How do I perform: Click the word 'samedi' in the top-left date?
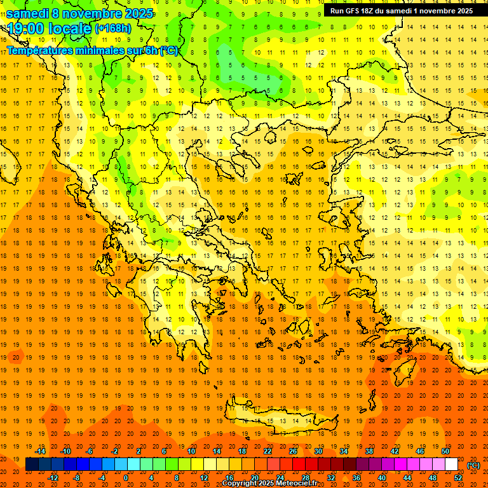tap(30, 13)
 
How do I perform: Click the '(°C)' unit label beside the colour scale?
tap(473, 465)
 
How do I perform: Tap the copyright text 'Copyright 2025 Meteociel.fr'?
tap(270, 484)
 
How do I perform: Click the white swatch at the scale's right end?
tap(451, 464)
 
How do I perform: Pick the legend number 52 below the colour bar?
tap(457, 478)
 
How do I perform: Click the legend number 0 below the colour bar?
tap(126, 478)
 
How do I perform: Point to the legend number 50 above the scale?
tap(445, 451)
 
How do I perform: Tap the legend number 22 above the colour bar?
tap(268, 451)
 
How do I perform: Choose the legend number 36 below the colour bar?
tap(356, 478)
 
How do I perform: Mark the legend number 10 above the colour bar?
tap(191, 451)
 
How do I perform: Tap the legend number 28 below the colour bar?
tap(305, 478)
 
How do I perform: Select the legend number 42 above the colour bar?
tap(394, 451)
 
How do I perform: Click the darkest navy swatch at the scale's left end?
tap(32, 464)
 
